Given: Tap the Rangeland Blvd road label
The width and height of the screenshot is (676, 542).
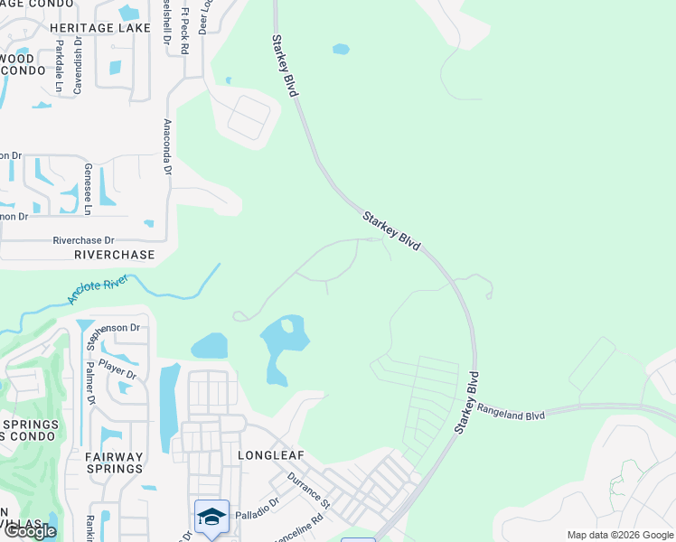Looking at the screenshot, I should [x=511, y=412].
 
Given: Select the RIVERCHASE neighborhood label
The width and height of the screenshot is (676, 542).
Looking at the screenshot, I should [x=115, y=255].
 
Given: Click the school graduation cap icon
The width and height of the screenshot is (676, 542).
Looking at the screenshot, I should [x=211, y=516].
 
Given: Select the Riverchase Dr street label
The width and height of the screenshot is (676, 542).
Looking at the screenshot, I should [x=84, y=241].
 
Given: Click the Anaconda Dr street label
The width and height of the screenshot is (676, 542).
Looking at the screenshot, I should [x=167, y=146].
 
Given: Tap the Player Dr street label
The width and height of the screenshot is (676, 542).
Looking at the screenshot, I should [x=117, y=368].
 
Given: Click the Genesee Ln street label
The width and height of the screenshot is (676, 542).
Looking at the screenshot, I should [x=88, y=189].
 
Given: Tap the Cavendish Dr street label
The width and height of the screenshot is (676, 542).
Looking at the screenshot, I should [x=79, y=63].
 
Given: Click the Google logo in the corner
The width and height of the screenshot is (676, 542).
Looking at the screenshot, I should [x=29, y=531].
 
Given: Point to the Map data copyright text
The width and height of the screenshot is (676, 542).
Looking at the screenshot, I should [x=619, y=535].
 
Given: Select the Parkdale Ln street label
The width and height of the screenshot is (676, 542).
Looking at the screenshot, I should [x=59, y=65].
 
